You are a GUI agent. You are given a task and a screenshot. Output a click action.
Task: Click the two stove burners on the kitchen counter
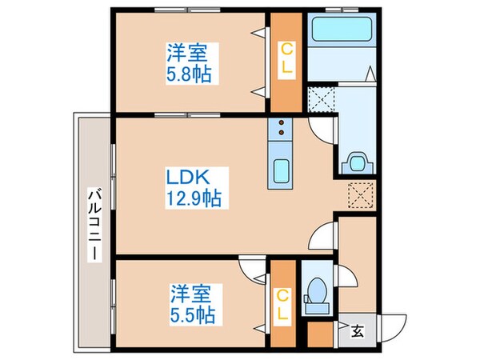[282, 129]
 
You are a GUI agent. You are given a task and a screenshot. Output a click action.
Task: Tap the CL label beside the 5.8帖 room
[285, 60]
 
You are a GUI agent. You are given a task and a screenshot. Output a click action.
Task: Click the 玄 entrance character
[355, 328]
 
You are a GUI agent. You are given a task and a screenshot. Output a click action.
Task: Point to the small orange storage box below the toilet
[319, 333]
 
